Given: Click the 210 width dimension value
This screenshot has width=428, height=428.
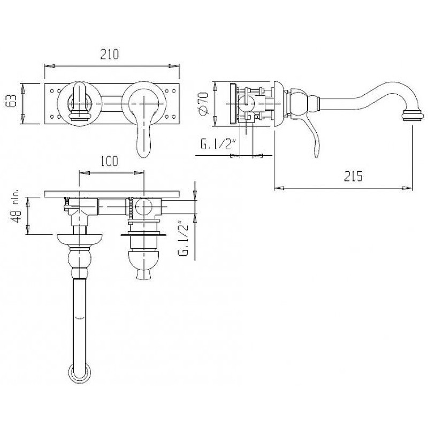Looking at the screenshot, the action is [110, 54].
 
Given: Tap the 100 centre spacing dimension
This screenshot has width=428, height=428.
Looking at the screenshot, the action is [110, 161].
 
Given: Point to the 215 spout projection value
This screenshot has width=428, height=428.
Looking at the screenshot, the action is [353, 176].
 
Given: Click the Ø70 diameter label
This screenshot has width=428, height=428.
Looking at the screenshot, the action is [203, 104].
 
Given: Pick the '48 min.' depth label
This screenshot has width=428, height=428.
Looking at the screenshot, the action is [16, 205].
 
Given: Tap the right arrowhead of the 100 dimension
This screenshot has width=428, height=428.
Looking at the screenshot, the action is [139, 173].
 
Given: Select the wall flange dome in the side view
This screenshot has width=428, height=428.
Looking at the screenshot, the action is [278, 104].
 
